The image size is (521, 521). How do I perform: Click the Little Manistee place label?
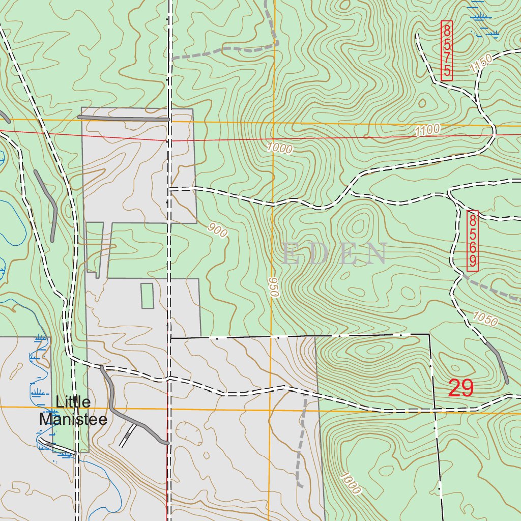(73, 411)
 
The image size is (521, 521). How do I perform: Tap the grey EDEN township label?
(334, 254)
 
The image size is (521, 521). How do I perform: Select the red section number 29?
(461, 389)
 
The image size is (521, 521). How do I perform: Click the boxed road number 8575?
(447, 50)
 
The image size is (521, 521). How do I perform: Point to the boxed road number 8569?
(472, 241)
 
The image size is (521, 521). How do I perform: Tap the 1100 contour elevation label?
(427, 131)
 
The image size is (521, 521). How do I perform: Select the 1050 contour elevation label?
(484, 319)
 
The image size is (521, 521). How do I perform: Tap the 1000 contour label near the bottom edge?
(351, 484)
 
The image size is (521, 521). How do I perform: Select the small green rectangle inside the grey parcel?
(147, 295)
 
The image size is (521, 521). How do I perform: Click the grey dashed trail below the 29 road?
(301, 443)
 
